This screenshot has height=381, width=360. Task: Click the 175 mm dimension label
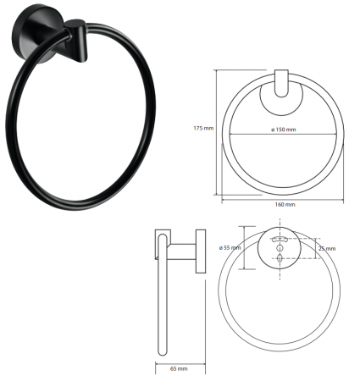pyautogui.click(x=203, y=128)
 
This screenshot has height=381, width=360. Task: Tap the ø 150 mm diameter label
pyautogui.click(x=283, y=130)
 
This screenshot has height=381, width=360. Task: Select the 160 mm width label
pyautogui.click(x=285, y=204)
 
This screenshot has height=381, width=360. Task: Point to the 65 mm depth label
pyautogui.click(x=179, y=368)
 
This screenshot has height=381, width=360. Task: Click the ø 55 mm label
pyautogui.click(x=230, y=248)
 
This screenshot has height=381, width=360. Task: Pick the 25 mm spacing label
pyautogui.click(x=327, y=248)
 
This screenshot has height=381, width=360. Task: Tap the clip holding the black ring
pyautogui.click(x=76, y=40)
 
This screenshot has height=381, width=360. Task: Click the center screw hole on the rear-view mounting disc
pyautogui.click(x=280, y=248)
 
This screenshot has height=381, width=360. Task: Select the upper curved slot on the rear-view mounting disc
pyautogui.click(x=280, y=240)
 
